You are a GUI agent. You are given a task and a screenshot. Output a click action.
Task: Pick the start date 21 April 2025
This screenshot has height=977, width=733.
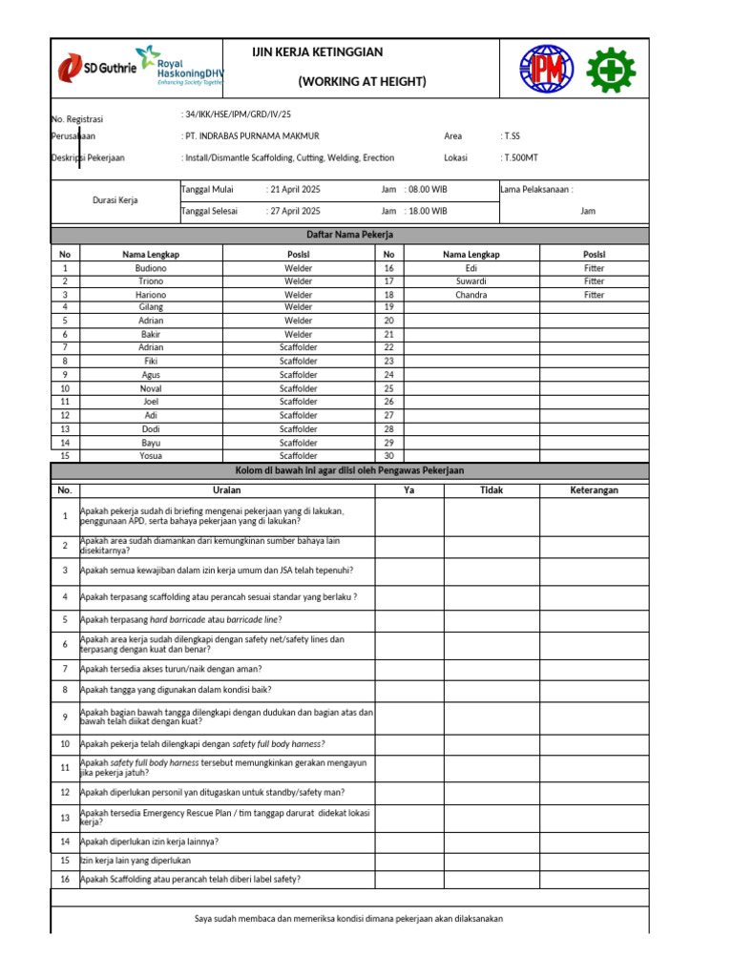click(294, 190)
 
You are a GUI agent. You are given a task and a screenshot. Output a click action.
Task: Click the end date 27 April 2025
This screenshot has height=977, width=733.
click(294, 211)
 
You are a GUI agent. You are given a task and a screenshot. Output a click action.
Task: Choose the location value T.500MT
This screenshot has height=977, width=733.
click(521, 157)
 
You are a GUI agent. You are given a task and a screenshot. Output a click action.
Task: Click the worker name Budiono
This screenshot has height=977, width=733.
click(151, 268)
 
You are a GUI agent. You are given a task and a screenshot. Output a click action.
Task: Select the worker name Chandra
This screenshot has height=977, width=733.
click(471, 295)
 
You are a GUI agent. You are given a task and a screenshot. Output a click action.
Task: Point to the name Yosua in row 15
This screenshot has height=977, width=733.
click(151, 456)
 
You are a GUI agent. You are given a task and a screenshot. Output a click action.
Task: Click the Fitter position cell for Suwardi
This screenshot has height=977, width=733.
click(594, 281)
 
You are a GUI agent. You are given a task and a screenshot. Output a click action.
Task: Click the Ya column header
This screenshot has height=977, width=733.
click(409, 489)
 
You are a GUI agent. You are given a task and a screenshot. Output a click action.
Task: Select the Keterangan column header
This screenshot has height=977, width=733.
click(594, 489)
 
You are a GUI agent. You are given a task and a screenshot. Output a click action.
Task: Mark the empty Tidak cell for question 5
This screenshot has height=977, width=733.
click(492, 619)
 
